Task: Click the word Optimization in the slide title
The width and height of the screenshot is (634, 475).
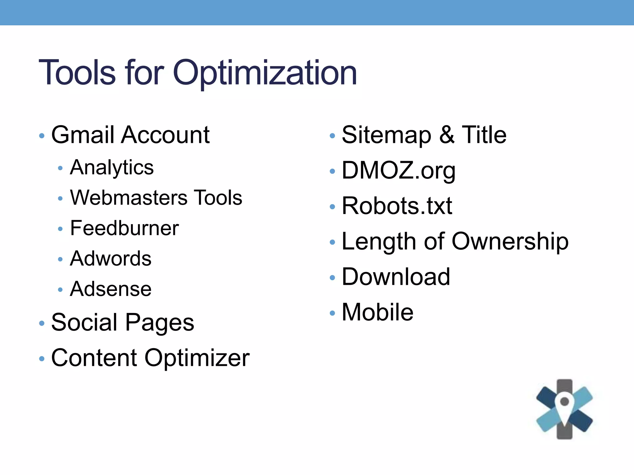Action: (265, 73)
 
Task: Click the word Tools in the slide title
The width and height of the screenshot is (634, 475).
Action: (77, 73)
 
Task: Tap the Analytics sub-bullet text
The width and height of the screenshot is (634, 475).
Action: (112, 168)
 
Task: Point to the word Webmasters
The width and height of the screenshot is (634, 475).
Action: (129, 198)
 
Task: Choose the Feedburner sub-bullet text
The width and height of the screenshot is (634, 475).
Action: (124, 228)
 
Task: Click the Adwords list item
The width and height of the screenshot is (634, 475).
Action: (111, 259)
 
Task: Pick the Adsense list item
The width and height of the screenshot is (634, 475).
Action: (111, 289)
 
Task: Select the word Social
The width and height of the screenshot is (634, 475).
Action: (85, 323)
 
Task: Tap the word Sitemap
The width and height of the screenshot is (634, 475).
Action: (386, 135)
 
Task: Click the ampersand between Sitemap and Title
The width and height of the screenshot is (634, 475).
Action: (447, 135)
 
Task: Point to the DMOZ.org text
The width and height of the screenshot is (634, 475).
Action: (398, 170)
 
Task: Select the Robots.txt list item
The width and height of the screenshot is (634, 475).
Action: (397, 206)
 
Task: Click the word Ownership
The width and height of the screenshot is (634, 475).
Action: (510, 242)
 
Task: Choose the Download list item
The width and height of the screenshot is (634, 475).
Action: (396, 277)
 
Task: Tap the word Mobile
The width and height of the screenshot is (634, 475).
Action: (377, 312)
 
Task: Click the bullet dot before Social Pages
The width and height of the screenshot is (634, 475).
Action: (42, 323)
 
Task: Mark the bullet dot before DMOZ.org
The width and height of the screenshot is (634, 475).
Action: (332, 171)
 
